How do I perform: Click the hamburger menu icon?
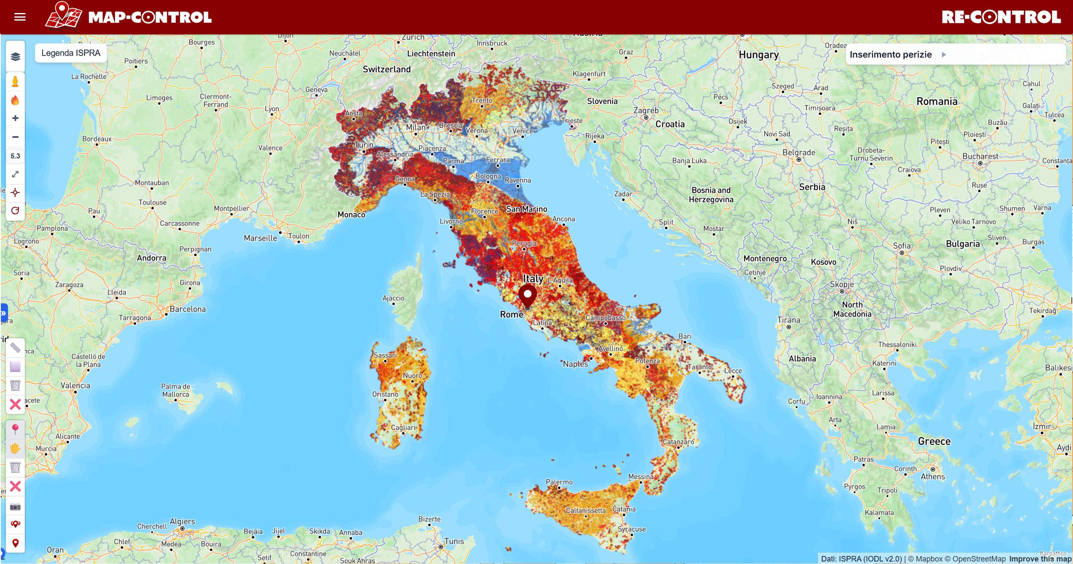tap(20, 17)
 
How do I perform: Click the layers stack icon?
tap(16, 57)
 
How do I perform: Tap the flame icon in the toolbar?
tap(16, 100)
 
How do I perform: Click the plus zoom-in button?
tap(16, 119)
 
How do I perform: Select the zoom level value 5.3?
tap(16, 156)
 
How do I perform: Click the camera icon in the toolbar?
tap(16, 507)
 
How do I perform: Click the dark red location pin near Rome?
tap(527, 295)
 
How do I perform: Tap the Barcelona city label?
tap(188, 309)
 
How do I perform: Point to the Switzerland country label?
tap(387, 69)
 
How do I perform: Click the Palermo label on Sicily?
tap(559, 482)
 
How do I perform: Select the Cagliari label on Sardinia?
tap(403, 427)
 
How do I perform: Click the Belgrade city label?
tap(799, 153)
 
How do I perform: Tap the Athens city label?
tap(933, 477)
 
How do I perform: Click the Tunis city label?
tap(454, 541)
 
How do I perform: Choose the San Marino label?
tap(526, 209)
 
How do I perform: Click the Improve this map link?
tap(1040, 559)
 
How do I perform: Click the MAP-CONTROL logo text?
tap(150, 17)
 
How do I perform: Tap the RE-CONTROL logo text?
tap(1001, 17)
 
